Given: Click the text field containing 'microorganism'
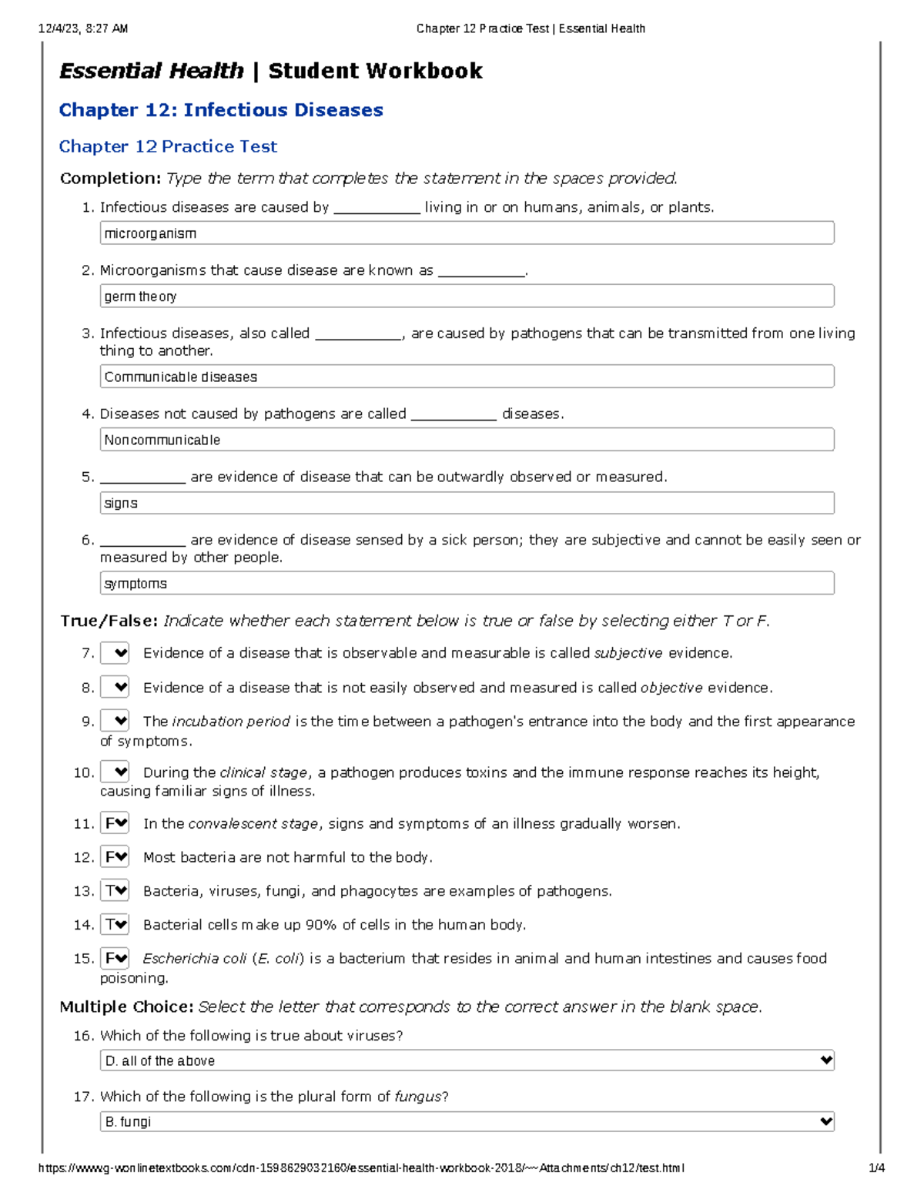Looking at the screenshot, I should pos(467,233).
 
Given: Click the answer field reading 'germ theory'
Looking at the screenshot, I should pos(467,296).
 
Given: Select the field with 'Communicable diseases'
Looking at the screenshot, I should pos(467,377).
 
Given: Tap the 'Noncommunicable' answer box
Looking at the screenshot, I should pos(467,440).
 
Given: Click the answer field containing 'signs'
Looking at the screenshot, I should pos(467,503).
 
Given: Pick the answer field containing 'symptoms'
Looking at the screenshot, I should pos(467,583).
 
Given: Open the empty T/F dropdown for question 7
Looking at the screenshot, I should pos(115,653).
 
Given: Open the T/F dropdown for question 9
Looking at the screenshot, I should pos(115,722).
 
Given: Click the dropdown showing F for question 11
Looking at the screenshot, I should pos(115,823).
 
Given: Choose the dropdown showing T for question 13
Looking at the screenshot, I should pos(115,891).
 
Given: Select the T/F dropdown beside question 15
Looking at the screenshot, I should pos(115,959).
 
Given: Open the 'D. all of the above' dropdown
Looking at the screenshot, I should pos(467,1060).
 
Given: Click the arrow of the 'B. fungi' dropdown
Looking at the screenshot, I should pos(826,1122).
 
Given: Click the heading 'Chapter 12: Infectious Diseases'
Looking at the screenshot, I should pos(221,110).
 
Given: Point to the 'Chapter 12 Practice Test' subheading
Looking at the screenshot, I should pos(168,146).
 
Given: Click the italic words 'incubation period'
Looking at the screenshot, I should pos(231,722).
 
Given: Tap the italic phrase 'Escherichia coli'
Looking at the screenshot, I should pos(195,959).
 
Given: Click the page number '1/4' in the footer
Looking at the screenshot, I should pos(876,1168).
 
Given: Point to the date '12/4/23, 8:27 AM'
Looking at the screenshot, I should pos(83,28).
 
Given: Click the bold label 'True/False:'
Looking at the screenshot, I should pos(109,621).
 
